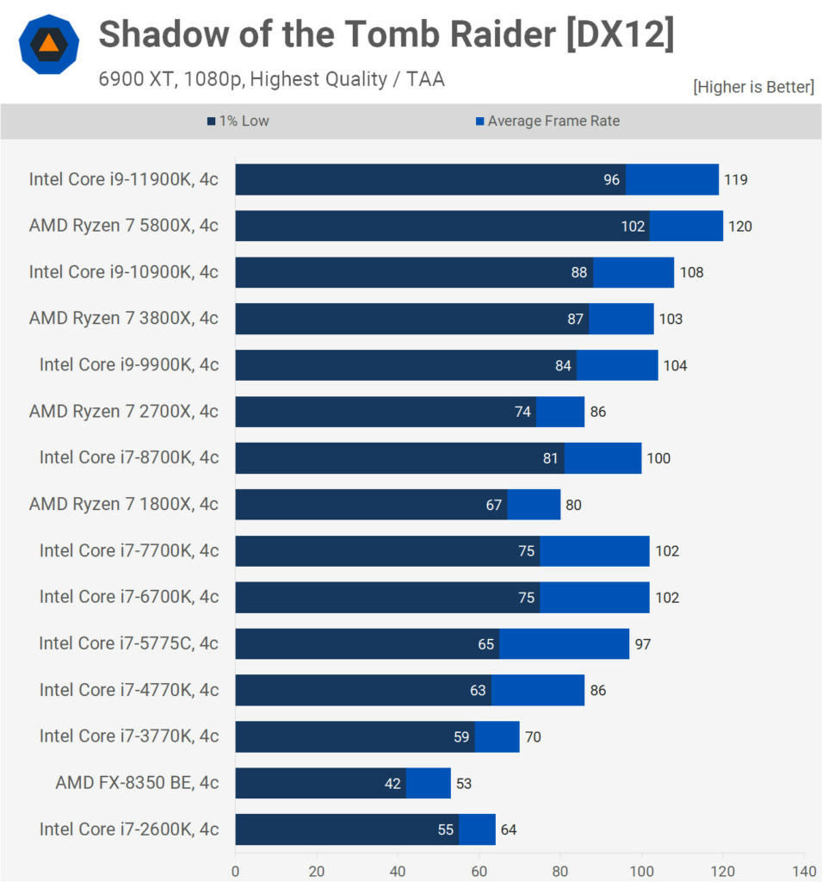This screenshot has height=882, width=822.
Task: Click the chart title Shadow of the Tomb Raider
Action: pos(386,34)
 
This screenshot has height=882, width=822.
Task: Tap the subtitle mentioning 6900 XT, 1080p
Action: pos(271,79)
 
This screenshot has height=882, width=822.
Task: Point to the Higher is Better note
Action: pos(752,86)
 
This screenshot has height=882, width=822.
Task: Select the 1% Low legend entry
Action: pos(238,121)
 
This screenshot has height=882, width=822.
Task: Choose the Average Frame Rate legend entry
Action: pos(547,121)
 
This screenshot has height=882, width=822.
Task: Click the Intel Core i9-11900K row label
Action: pos(123,179)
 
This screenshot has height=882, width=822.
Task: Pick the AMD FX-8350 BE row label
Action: pos(137,782)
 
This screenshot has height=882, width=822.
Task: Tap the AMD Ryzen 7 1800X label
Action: pos(123,504)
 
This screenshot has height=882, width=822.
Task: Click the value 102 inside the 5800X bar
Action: pos(633,227)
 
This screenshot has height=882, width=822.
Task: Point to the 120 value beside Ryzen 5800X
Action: pos(739,227)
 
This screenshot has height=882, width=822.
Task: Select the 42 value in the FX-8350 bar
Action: pos(391,783)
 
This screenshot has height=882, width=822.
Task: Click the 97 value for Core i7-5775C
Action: pos(641,644)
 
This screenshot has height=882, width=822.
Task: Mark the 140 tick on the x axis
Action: pos(804,870)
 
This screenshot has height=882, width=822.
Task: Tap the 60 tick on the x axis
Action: pos(479,870)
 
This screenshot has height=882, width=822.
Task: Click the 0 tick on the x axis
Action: pos(235,870)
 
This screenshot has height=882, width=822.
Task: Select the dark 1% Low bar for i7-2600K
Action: pos(344,829)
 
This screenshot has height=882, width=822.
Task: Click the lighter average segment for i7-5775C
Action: pos(564,644)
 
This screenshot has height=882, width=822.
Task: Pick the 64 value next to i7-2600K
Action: pos(508,829)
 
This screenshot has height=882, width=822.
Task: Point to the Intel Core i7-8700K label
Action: pos(128,457)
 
